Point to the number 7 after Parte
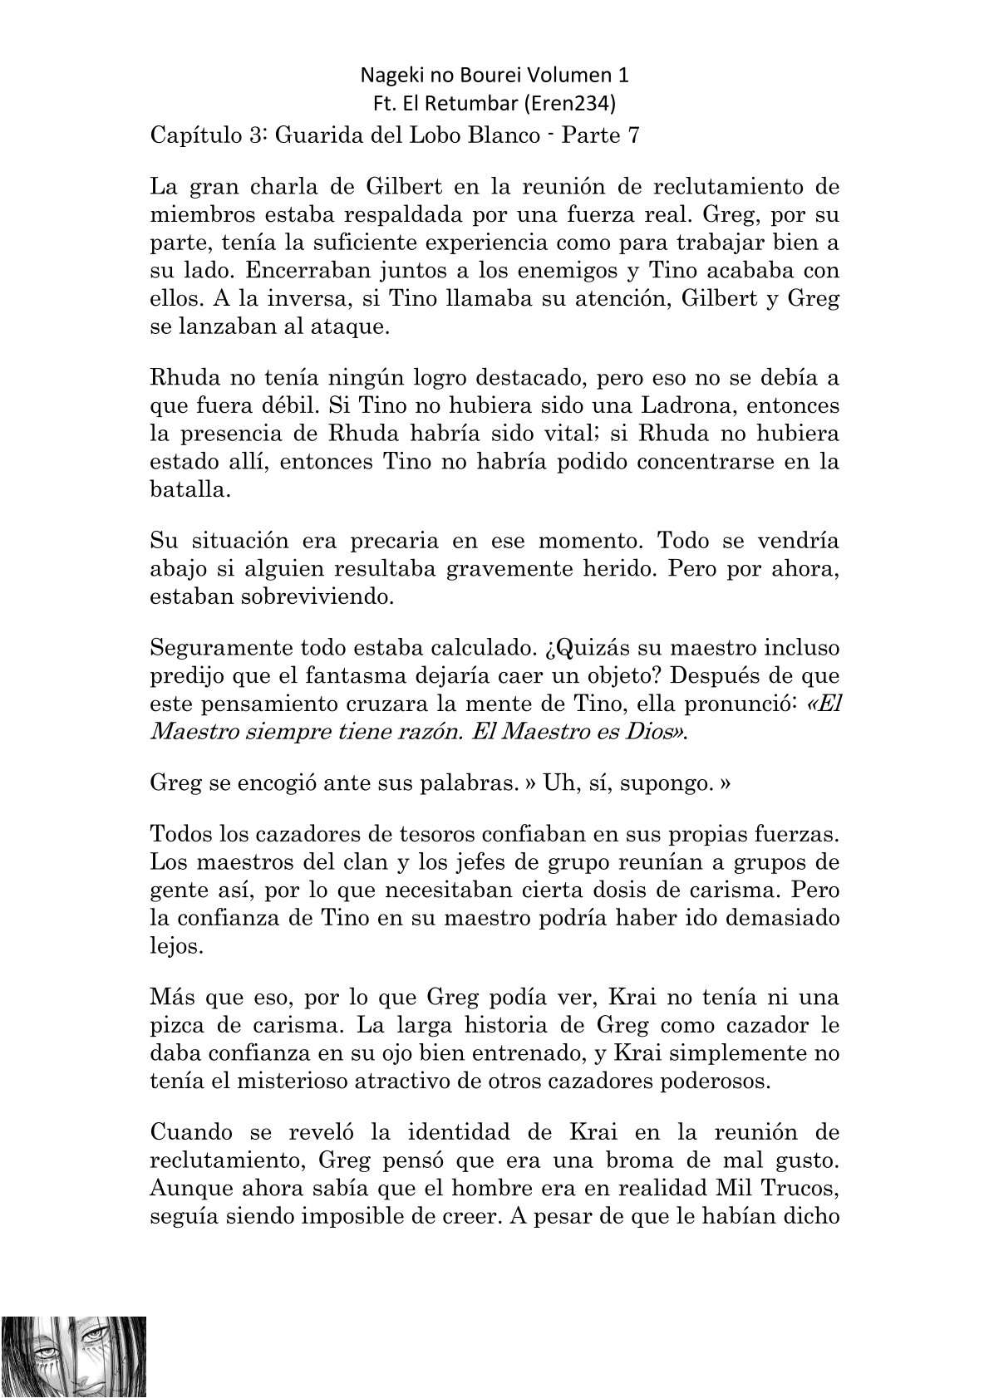pyautogui.click(x=633, y=135)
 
